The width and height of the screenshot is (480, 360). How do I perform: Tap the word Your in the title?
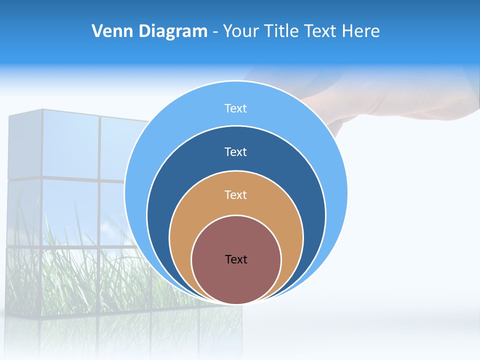click(241, 31)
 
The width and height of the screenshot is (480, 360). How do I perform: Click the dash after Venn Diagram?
click(215, 32)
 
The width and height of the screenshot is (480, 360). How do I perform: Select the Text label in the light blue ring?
click(235, 108)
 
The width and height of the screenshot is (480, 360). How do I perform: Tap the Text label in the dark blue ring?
click(235, 151)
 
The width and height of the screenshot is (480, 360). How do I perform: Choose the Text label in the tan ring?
click(235, 194)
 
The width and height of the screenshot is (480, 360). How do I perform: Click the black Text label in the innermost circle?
click(236, 259)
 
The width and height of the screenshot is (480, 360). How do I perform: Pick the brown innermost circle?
click(236, 280)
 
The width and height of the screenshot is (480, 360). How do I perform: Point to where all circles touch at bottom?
click(236, 303)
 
